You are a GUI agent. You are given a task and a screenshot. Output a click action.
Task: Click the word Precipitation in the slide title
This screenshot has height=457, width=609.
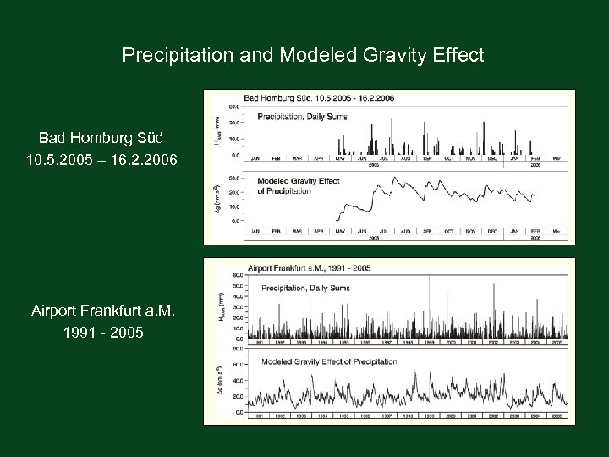click(171, 56)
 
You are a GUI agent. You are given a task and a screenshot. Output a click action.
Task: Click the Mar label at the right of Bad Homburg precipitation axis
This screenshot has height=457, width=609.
click(556, 157)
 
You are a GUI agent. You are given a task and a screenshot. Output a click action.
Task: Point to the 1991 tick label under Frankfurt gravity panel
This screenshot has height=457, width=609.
click(251, 416)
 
